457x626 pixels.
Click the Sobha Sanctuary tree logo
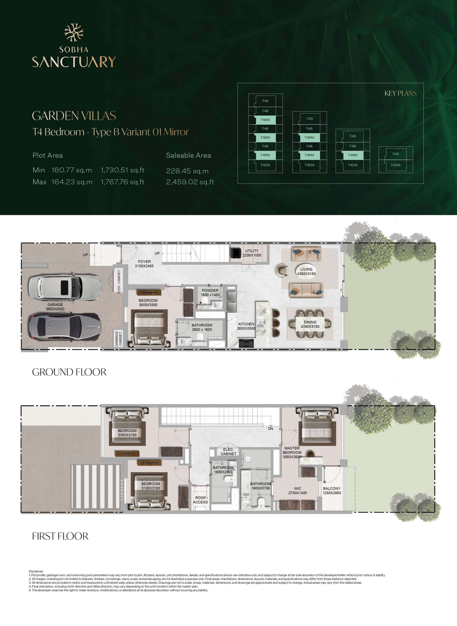coord(74,33)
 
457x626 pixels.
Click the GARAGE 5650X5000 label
coord(55,307)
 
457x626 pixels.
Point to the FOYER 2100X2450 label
coord(144,264)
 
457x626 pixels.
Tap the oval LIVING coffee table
coord(306,271)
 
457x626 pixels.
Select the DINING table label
coord(310,324)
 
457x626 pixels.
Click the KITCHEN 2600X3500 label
coord(246,326)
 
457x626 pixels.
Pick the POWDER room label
coord(210,292)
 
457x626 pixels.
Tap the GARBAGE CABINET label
coord(118,338)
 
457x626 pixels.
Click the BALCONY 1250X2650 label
coord(332,491)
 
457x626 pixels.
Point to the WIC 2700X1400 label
coord(298,491)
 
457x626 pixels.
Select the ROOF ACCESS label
coord(200,500)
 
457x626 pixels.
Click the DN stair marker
coord(271,428)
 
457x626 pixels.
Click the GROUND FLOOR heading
coord(69,372)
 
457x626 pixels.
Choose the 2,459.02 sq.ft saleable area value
coord(190,182)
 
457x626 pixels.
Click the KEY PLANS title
coord(400,93)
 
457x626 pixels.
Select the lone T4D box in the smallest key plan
coord(396,154)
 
